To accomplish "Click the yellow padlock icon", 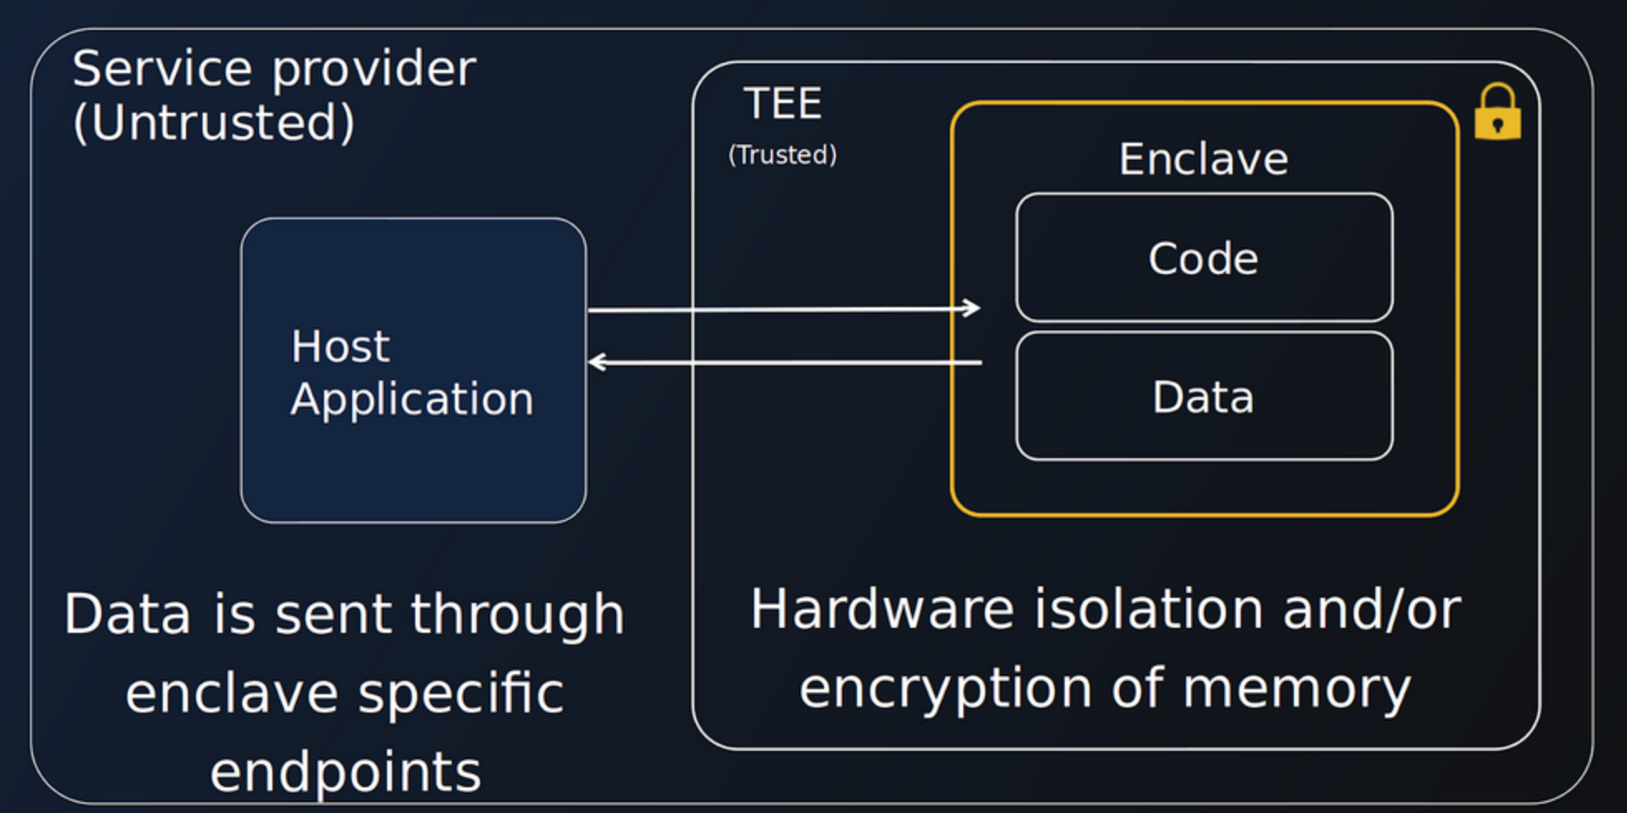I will tap(1497, 114).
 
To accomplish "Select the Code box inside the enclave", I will tap(1203, 258).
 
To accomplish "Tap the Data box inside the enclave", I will tap(1203, 397).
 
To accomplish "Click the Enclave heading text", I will tap(1203, 159).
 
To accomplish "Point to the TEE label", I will tap(783, 104).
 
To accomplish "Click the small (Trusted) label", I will tap(782, 154).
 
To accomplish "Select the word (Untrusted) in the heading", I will tap(214, 123).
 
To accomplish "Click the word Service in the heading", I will tap(162, 68).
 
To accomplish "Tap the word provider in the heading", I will tap(374, 70).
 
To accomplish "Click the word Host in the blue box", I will tap(341, 346).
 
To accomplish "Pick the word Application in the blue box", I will tap(412, 400).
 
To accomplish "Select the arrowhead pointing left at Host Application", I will tap(597, 362).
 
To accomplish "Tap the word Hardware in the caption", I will tap(882, 610).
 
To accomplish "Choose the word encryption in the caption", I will tap(945, 690).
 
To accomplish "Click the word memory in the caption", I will tap(1296, 690).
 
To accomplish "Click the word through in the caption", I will tap(517, 615).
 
